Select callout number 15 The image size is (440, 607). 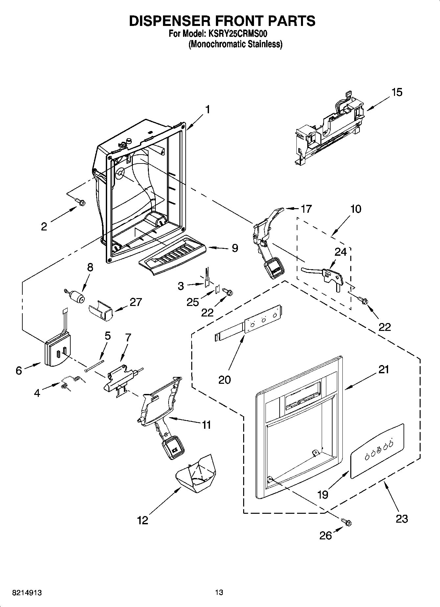click(397, 93)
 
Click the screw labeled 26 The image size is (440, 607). click(346, 522)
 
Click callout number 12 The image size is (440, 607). click(143, 520)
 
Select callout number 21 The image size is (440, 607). click(383, 370)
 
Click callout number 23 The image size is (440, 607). click(402, 519)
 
